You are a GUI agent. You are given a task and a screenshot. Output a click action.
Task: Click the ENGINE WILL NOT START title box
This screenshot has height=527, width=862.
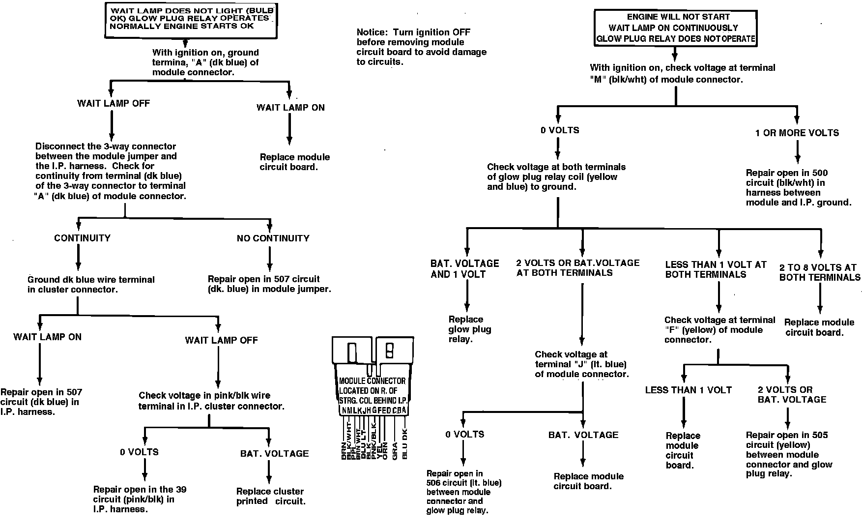tap(675, 28)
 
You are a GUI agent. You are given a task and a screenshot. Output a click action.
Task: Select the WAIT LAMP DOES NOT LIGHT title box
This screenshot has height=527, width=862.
tap(191, 20)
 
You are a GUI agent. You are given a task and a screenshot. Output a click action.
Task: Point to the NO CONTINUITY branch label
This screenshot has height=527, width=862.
tap(273, 238)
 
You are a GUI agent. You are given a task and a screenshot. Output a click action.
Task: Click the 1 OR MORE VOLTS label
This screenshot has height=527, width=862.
tap(797, 133)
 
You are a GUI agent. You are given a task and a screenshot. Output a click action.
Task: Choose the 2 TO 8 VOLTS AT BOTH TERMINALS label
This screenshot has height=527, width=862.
tap(819, 272)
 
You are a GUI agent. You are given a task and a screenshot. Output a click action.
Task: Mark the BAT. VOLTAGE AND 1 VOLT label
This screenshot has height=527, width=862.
tap(464, 269)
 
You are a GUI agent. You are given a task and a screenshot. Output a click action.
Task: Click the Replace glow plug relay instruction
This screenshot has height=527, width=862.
tap(469, 329)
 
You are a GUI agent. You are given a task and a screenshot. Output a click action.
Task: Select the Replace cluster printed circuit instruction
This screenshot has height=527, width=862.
tap(270, 496)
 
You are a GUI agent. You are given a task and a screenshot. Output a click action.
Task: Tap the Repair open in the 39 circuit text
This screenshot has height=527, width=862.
tap(140, 499)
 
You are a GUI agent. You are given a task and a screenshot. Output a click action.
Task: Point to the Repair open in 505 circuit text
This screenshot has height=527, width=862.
tap(788, 454)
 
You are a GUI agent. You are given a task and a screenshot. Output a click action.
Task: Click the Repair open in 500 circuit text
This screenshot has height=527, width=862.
tap(798, 187)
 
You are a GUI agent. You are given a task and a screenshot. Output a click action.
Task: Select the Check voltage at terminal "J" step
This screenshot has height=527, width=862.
tap(581, 364)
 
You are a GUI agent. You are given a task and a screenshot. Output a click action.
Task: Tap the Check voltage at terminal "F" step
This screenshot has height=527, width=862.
tap(719, 329)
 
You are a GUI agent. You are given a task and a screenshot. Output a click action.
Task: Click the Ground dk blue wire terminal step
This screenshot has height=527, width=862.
tap(91, 284)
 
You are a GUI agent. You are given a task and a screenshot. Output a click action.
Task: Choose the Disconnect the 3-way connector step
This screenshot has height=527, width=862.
tap(110, 171)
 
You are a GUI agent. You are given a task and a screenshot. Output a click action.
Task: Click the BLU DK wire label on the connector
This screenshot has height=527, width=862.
tap(405, 444)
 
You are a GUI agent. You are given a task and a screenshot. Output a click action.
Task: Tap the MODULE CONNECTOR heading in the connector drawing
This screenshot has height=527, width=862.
tap(372, 381)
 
